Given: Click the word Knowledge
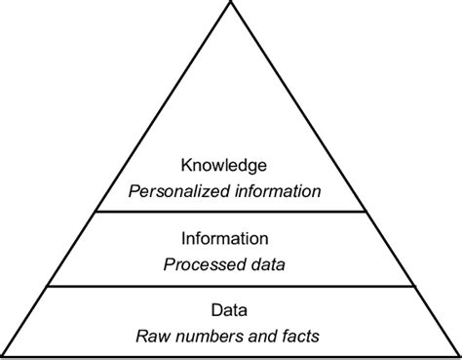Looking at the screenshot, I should click(231, 167).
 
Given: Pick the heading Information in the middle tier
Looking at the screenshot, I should click(230, 238).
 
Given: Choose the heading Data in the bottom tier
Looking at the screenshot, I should click(230, 312).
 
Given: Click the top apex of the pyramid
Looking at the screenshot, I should click(231, 4).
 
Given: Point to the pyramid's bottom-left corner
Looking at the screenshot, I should click(3, 356).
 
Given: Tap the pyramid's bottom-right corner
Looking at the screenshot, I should click(459, 356).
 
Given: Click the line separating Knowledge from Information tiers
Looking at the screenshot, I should click(231, 213).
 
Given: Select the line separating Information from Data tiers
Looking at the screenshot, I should click(231, 286).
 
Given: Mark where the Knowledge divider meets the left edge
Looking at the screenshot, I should click(96, 213).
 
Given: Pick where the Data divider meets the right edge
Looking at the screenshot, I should click(413, 286).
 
